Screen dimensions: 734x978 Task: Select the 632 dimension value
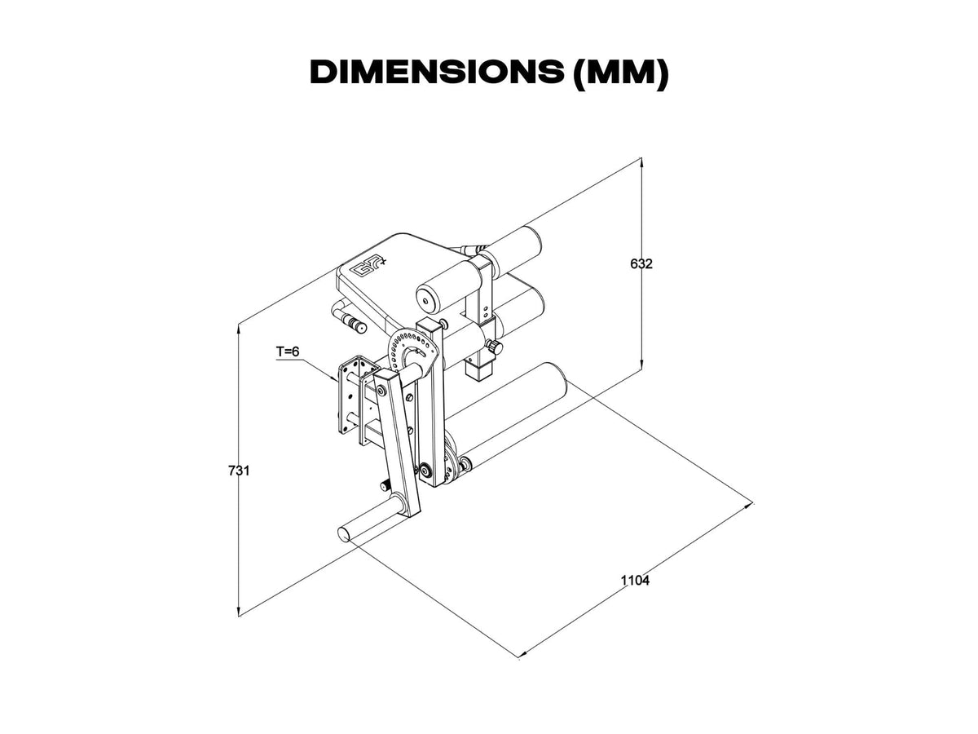coord(643,263)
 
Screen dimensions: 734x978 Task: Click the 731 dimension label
coord(239,471)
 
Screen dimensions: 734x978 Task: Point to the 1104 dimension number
coord(635,581)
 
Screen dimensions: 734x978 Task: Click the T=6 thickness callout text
coord(288,352)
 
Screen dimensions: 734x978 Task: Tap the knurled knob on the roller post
coord(494,348)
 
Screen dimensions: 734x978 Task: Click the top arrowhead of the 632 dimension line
coord(643,161)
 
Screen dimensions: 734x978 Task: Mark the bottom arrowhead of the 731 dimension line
coord(239,611)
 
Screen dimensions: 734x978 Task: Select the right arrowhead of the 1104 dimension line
coord(749,506)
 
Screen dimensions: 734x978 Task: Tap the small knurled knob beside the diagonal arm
coord(383,486)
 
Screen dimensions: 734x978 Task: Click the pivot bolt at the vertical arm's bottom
coord(425,471)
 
